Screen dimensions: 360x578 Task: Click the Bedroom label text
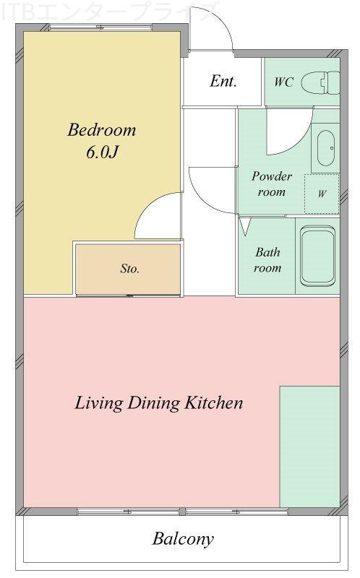point(102,130)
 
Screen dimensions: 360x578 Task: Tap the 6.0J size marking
point(102,152)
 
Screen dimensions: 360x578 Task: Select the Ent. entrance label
point(223,81)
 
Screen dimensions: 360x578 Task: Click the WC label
point(283,82)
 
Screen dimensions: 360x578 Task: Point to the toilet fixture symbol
point(320,83)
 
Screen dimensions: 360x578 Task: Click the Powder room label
point(272,184)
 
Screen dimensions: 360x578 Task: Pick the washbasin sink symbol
point(326,148)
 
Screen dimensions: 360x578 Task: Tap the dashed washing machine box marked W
point(322,194)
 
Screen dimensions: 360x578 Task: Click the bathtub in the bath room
point(317,256)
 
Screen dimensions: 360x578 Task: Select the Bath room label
point(267,260)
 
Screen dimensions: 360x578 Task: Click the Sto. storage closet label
point(129,268)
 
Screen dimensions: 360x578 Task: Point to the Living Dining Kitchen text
point(159,402)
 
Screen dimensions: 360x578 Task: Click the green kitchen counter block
point(309,447)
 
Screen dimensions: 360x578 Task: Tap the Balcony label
point(183,539)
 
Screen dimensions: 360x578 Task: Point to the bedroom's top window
point(100,27)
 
